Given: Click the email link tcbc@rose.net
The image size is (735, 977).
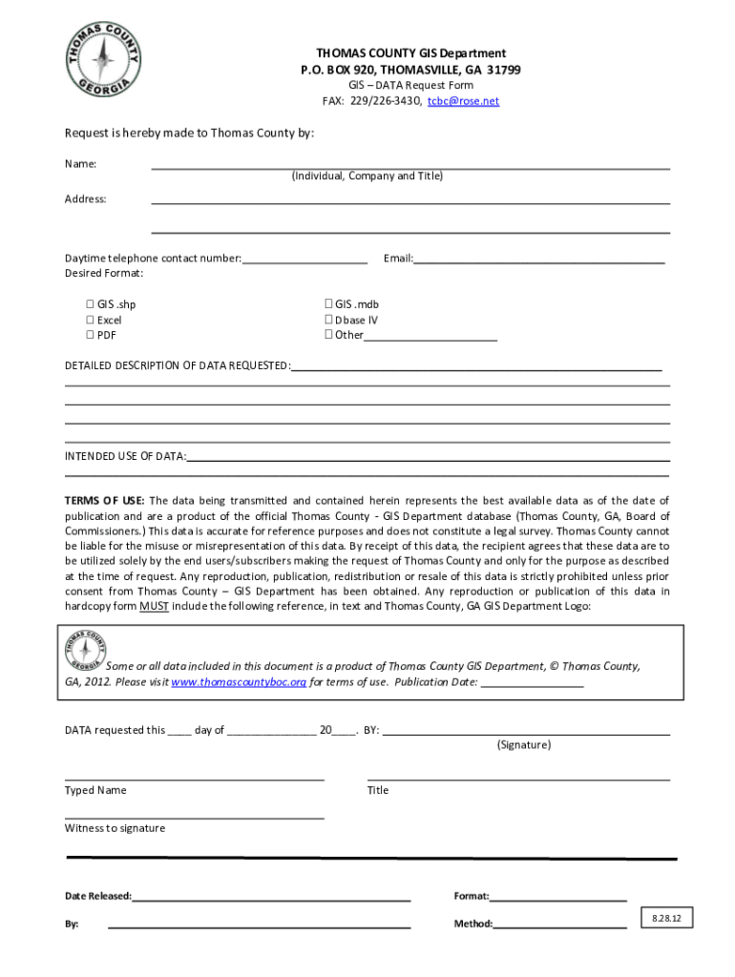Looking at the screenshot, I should pos(463,101).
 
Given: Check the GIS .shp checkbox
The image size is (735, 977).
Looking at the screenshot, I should pos(91,304).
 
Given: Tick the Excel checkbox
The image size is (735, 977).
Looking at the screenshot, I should pos(91,320).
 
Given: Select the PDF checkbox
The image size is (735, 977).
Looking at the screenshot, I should pos(91,335).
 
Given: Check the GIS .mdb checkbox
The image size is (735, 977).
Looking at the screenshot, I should pos(328,304).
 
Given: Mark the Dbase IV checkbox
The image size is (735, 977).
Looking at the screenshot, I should pos(328,320).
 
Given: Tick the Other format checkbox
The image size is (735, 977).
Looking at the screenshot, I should pos(328,335).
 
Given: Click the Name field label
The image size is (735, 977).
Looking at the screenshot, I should pos(80,164).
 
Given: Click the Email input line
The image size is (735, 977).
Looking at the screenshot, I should pos(538,260).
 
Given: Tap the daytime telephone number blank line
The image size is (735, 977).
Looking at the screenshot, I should pos(304,260).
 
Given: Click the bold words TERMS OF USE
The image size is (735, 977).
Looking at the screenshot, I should pos(104,501).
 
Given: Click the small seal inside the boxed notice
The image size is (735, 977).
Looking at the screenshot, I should pos(85,651).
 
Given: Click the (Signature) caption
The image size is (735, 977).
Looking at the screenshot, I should pos(523,745).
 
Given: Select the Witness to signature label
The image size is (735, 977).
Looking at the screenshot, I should pos(115,828).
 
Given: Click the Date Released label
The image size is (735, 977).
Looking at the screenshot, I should pos(97,897).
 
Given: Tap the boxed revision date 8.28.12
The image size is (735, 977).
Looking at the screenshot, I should pos(667,918).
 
